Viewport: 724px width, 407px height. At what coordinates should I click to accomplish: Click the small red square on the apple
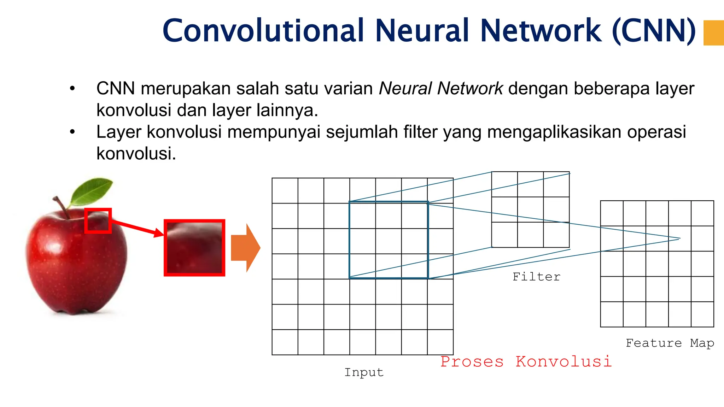pos(98,221)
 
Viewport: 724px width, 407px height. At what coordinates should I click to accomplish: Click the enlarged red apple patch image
pos(194,248)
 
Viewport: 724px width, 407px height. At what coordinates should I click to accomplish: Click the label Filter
pos(536,277)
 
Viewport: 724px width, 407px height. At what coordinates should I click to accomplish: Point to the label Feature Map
pos(670,343)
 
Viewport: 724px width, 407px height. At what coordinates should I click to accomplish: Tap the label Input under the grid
pos(364,372)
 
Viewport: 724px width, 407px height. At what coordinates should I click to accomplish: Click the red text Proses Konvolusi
pos(526,361)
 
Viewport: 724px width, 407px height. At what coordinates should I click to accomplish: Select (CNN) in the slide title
pos(654,31)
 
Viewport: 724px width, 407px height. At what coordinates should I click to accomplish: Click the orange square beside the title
pos(713,33)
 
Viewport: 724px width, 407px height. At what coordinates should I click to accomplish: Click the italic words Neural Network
pos(440,88)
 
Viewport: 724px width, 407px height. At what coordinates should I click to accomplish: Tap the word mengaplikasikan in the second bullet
pos(554,132)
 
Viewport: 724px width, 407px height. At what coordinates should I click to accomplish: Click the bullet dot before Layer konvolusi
pos(72,132)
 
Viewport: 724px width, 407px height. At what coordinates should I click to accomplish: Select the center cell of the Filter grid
pos(530,210)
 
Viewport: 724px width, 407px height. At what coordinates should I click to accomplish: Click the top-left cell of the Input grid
pos(285,191)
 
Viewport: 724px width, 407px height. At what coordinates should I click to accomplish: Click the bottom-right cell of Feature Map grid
pos(702,314)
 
